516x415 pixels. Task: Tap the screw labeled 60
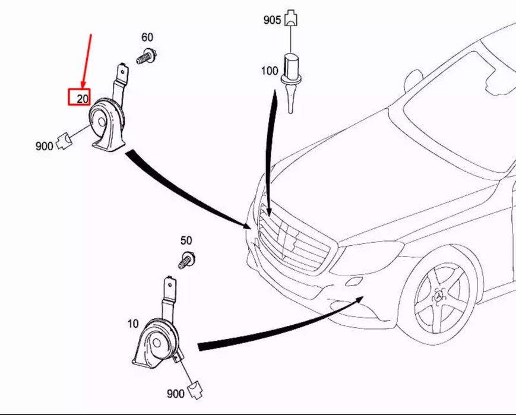click(x=146, y=58)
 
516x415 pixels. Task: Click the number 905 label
click(x=272, y=20)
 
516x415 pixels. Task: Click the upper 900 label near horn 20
click(x=44, y=145)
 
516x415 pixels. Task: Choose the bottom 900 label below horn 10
click(x=175, y=393)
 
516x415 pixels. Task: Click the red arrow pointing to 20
click(x=87, y=59)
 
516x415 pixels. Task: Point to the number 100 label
click(x=269, y=71)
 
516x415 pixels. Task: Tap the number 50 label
click(x=186, y=240)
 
